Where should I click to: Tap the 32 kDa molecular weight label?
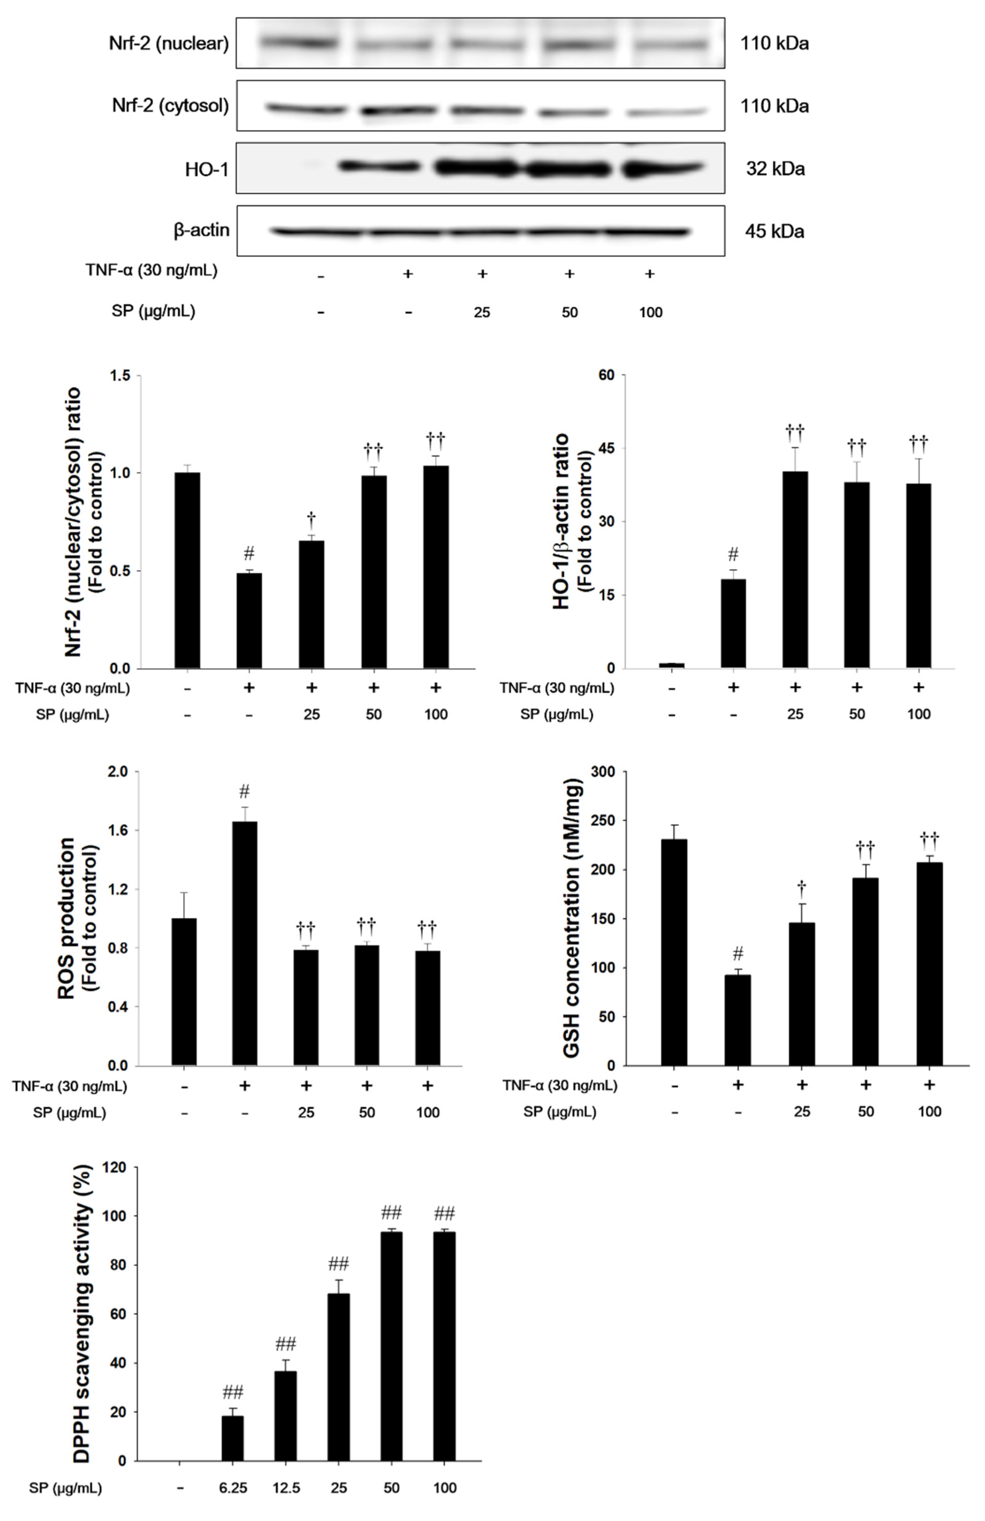point(775,169)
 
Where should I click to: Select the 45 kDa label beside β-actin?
point(774,231)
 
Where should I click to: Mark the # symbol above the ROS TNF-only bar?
point(244,792)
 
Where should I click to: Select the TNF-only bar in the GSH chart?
point(738,1019)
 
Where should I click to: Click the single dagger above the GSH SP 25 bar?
point(802,887)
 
